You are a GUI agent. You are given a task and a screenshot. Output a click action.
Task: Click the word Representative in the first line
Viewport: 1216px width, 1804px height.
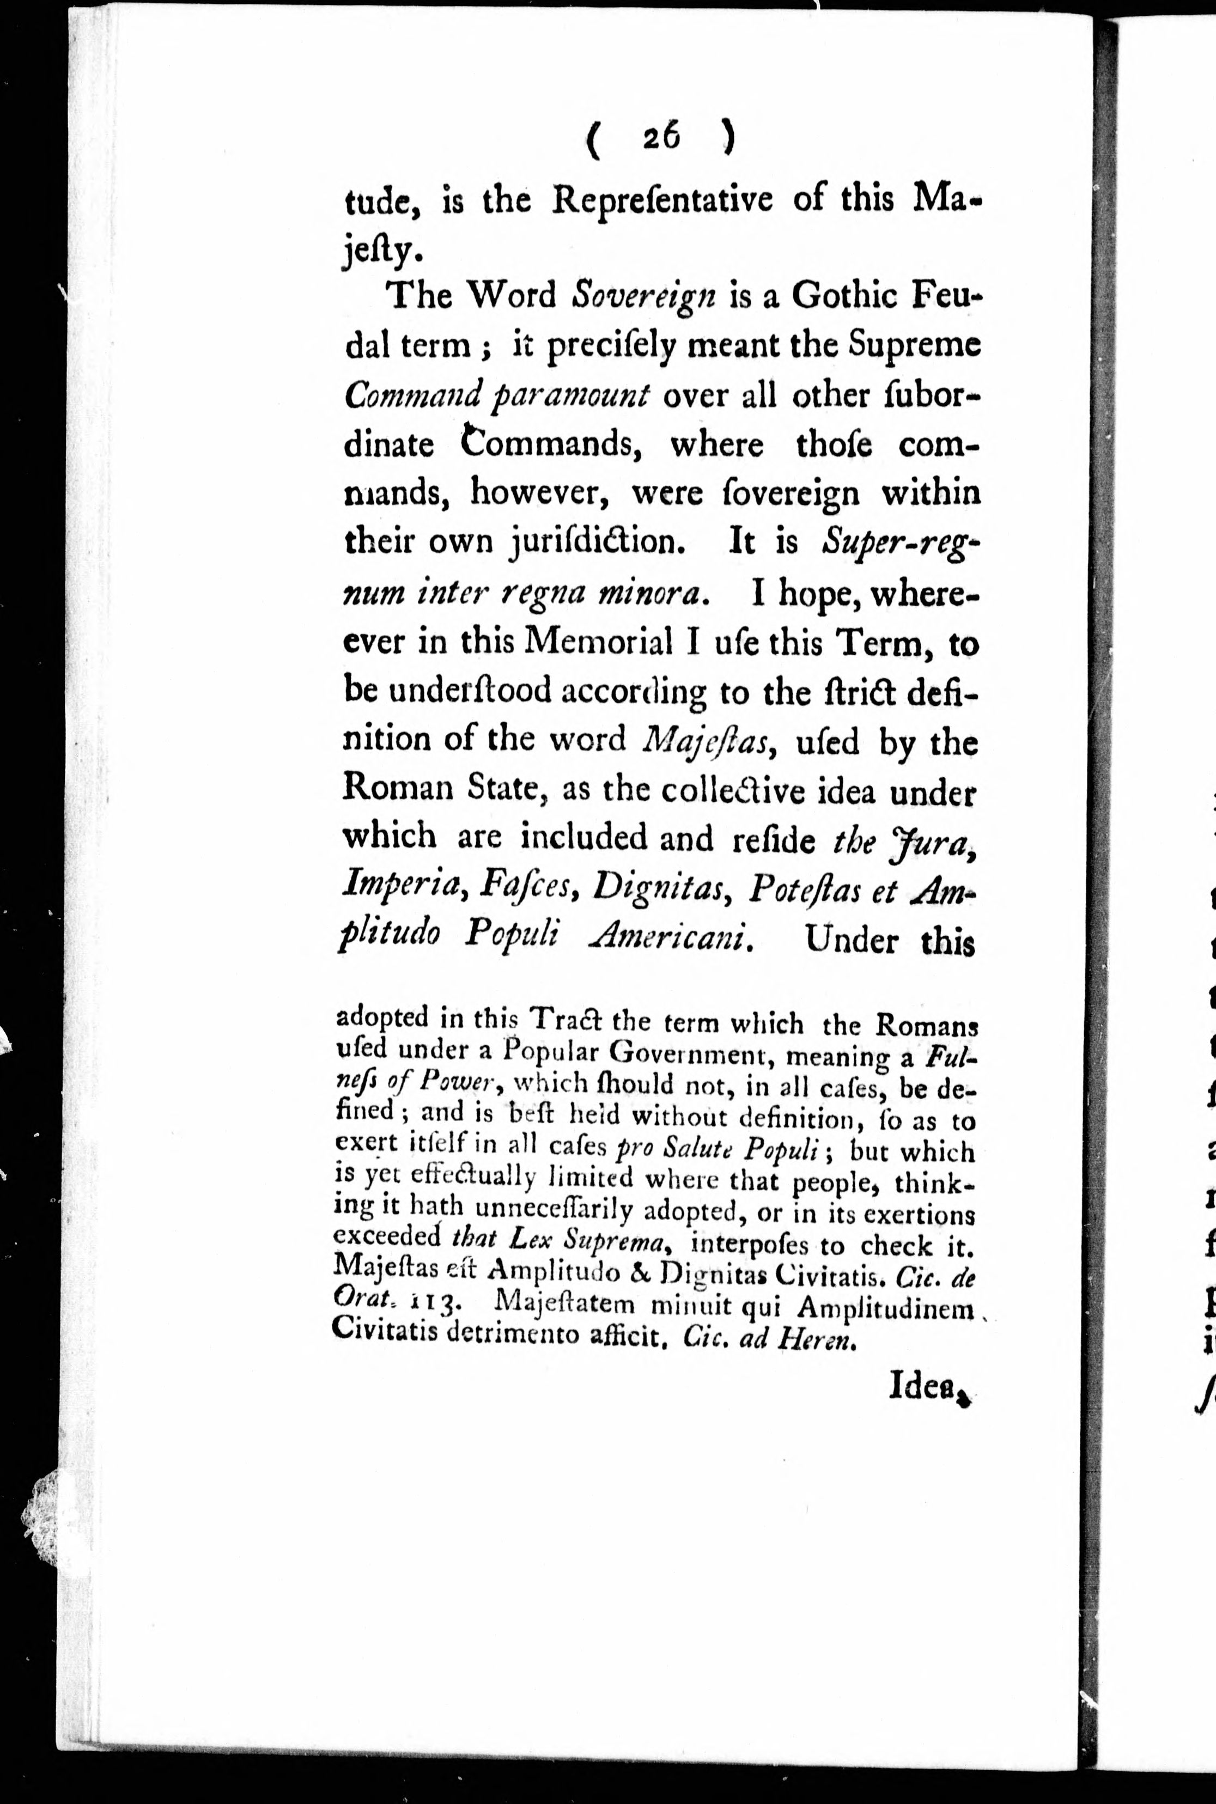[x=661, y=200]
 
